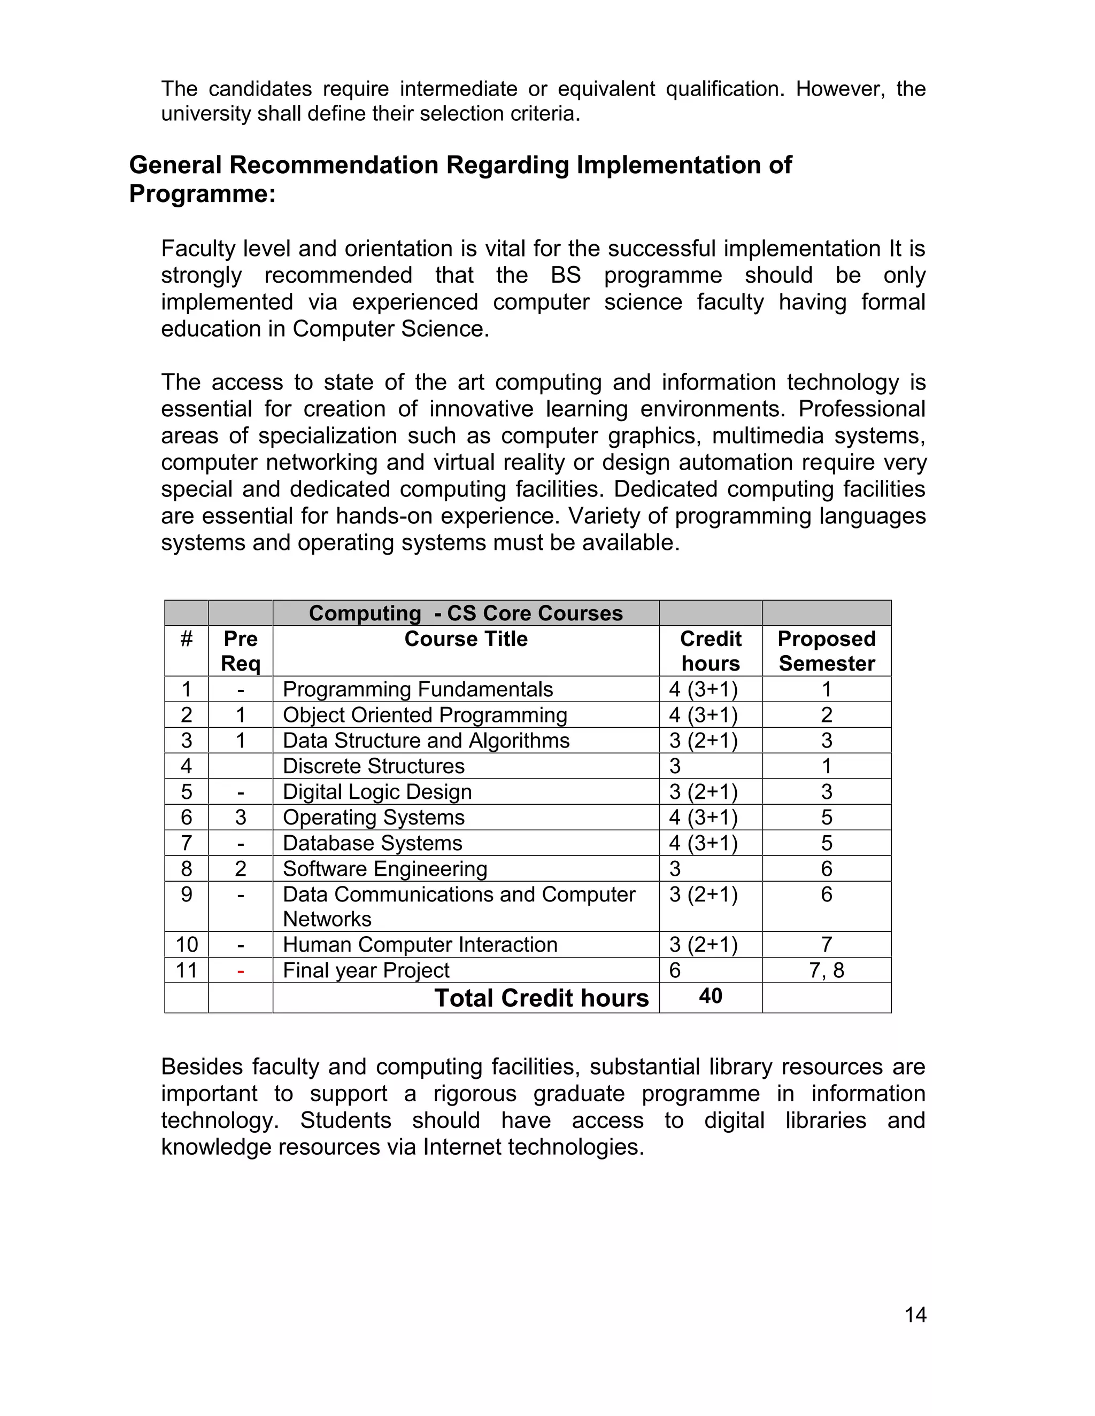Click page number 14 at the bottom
(x=915, y=1315)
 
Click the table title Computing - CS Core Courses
(x=465, y=613)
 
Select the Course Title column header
(x=465, y=639)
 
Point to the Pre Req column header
(x=240, y=650)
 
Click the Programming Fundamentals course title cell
(x=417, y=689)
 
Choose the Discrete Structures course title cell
(x=373, y=766)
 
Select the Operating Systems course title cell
(x=373, y=817)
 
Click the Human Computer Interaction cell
(x=420, y=944)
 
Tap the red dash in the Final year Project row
(x=241, y=970)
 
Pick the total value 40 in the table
(x=711, y=996)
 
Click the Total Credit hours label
(x=541, y=998)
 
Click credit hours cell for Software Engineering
(x=675, y=868)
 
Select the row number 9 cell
(x=186, y=894)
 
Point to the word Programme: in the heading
(x=203, y=193)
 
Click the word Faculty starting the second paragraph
(x=198, y=248)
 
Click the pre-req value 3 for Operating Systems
(x=240, y=817)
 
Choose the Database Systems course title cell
(x=372, y=843)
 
